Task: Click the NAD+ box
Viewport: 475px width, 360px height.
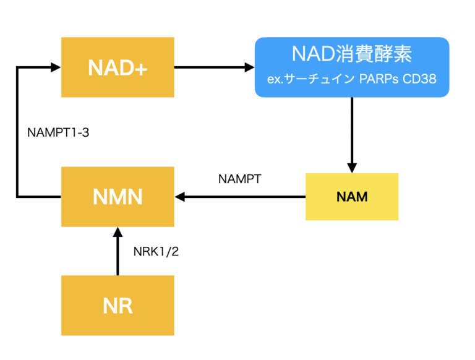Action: [118, 67]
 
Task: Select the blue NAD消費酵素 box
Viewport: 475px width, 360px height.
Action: [352, 67]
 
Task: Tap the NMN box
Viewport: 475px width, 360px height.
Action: [118, 197]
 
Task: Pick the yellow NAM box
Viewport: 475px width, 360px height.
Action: [352, 197]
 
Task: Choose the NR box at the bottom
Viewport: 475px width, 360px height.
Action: [118, 305]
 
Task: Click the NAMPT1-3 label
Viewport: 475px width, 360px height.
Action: [59, 132]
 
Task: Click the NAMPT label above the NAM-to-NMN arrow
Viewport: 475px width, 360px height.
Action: [240, 179]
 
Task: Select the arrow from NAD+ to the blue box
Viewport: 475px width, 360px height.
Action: [213, 67]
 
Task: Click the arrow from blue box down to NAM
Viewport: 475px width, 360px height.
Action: [352, 133]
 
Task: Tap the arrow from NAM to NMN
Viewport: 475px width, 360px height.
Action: [241, 197]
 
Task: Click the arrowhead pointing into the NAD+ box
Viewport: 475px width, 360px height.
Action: [55, 67]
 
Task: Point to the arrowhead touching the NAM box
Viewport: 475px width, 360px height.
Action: [352, 167]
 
